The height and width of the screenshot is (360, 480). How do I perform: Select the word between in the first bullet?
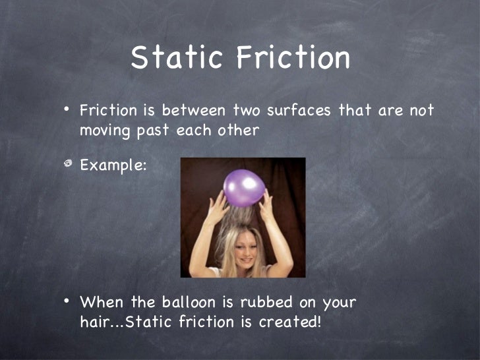194,110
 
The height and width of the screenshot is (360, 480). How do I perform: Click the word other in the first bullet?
238,130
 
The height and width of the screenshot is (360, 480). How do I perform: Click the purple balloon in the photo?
244,187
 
